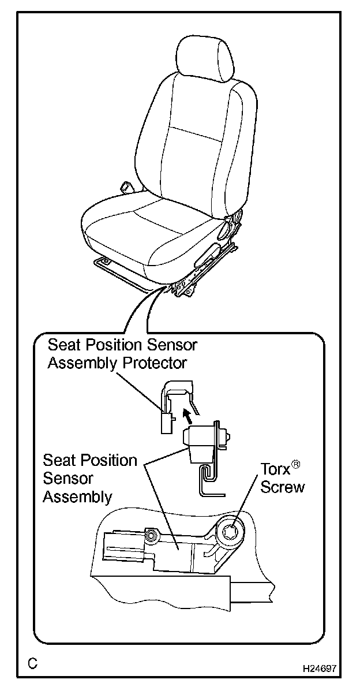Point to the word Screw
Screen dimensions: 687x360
click(282, 487)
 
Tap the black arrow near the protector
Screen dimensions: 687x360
click(185, 415)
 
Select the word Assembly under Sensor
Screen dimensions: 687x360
click(77, 496)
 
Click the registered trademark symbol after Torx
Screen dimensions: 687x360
click(296, 464)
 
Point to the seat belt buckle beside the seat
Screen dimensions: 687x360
click(125, 187)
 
